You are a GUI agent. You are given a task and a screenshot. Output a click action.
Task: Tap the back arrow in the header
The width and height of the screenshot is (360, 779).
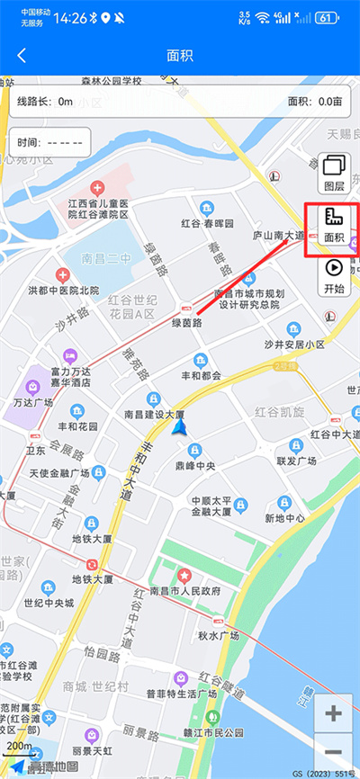22,55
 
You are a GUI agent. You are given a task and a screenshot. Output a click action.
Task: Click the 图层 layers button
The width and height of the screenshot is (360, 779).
334,174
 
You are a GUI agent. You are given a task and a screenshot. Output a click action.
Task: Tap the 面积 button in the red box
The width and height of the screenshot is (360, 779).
334,226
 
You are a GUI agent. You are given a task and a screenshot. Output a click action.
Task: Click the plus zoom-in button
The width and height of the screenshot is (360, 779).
334,714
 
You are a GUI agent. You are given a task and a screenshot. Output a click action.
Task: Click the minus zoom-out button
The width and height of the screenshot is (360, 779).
334,752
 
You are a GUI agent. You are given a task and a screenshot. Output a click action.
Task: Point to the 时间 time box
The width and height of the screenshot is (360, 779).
51,142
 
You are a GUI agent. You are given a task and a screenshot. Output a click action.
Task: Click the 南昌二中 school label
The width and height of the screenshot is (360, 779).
106,257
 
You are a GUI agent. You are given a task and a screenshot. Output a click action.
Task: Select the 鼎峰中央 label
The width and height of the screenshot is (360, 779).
196,466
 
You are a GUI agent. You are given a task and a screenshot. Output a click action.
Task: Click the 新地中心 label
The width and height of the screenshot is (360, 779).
285,518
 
